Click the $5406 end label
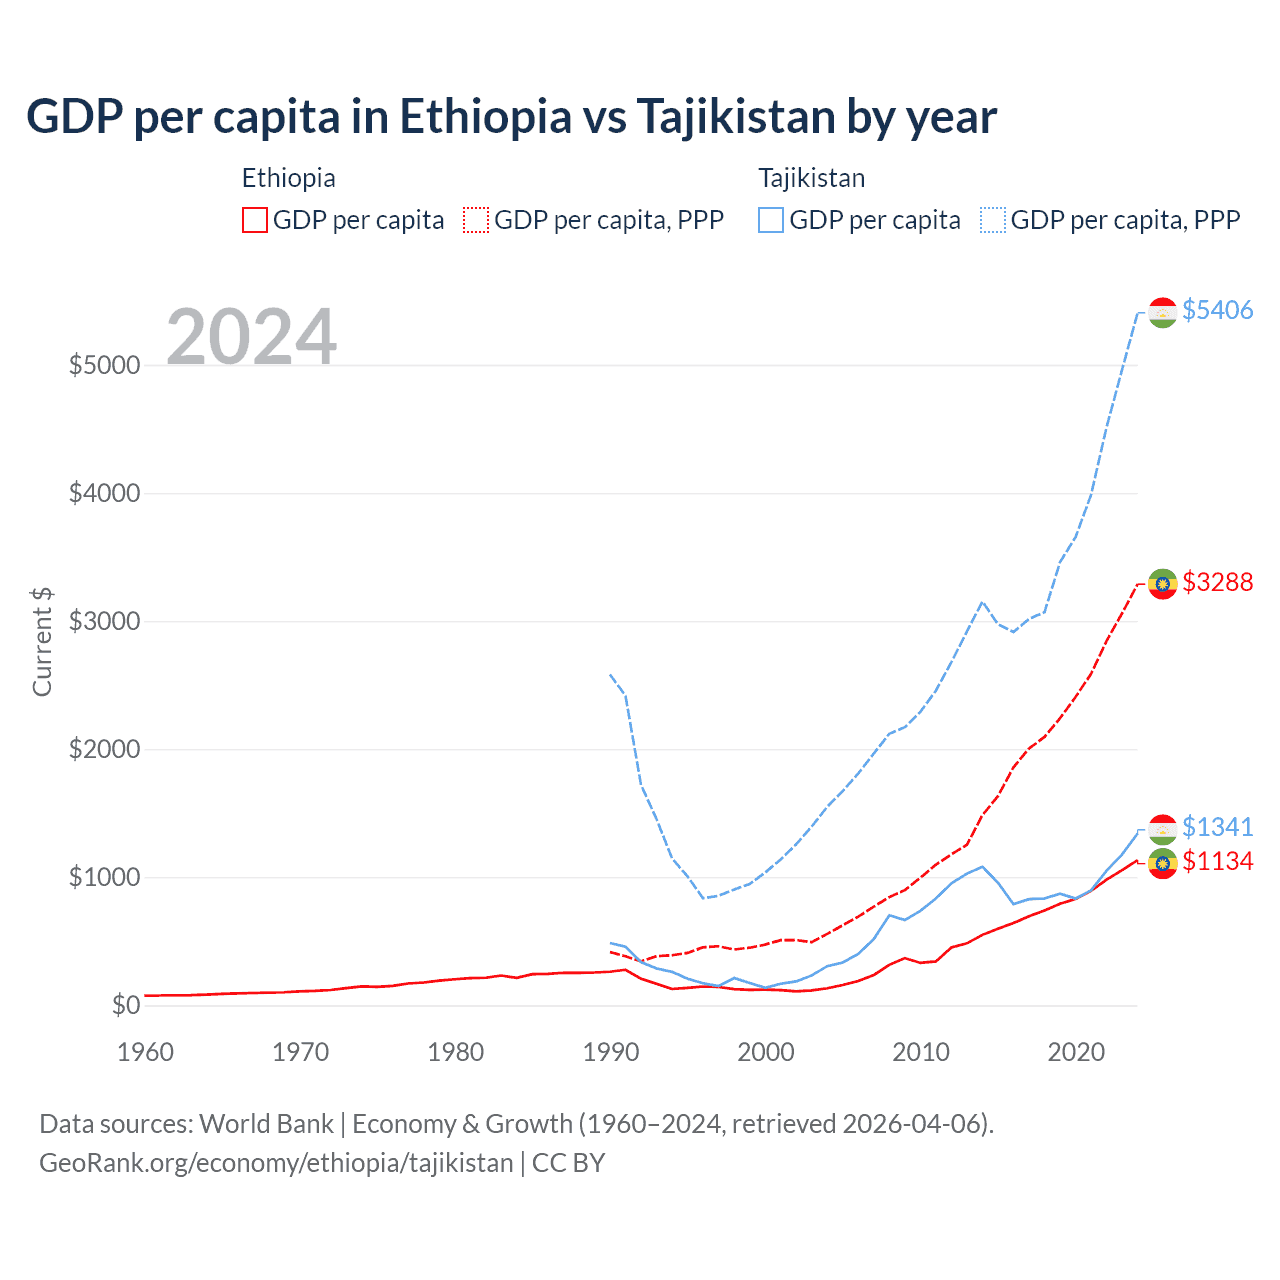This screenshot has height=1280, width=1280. (x=1217, y=310)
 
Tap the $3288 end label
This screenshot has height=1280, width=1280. (x=1217, y=582)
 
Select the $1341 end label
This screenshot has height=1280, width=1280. (x=1217, y=827)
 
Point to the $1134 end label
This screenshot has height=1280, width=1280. (x=1217, y=861)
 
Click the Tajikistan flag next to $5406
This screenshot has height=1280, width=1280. (x=1162, y=312)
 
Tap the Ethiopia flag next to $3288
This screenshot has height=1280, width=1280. (x=1162, y=583)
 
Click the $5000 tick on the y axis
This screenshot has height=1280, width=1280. (x=104, y=365)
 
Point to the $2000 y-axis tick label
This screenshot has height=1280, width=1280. (x=104, y=749)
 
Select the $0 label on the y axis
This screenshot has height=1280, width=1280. (x=125, y=1005)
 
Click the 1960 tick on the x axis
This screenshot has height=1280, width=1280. (x=146, y=1052)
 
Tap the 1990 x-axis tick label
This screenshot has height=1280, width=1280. (x=611, y=1052)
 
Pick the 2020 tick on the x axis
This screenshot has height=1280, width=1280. (x=1076, y=1052)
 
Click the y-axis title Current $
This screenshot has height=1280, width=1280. (x=42, y=642)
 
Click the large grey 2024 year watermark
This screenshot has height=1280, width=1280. (x=251, y=337)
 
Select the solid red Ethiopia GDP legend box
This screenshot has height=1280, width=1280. (x=255, y=220)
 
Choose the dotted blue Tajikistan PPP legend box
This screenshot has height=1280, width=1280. (x=993, y=220)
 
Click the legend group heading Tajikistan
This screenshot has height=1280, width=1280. (x=811, y=178)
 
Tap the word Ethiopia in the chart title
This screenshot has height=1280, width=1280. (x=486, y=116)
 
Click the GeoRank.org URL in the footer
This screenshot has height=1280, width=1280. (x=276, y=1163)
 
